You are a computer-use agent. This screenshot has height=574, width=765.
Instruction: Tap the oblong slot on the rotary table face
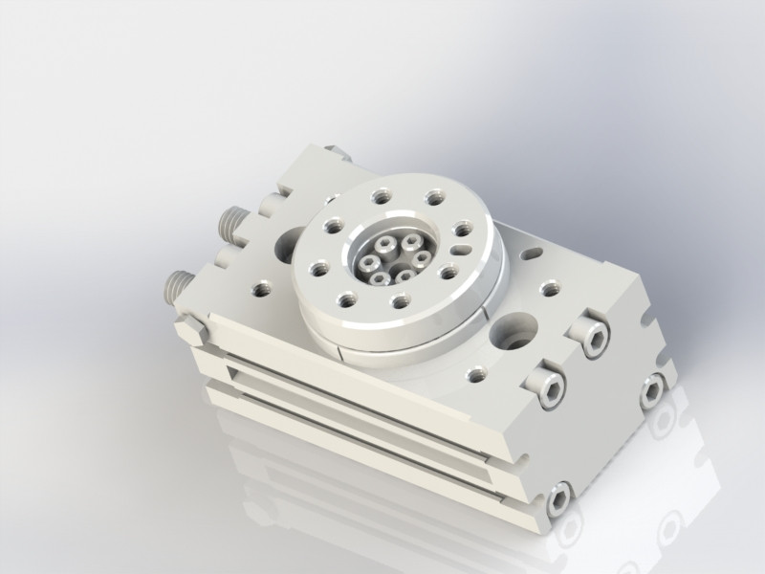[x=461, y=251]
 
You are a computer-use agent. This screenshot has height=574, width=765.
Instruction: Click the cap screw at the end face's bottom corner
[x=559, y=498]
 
